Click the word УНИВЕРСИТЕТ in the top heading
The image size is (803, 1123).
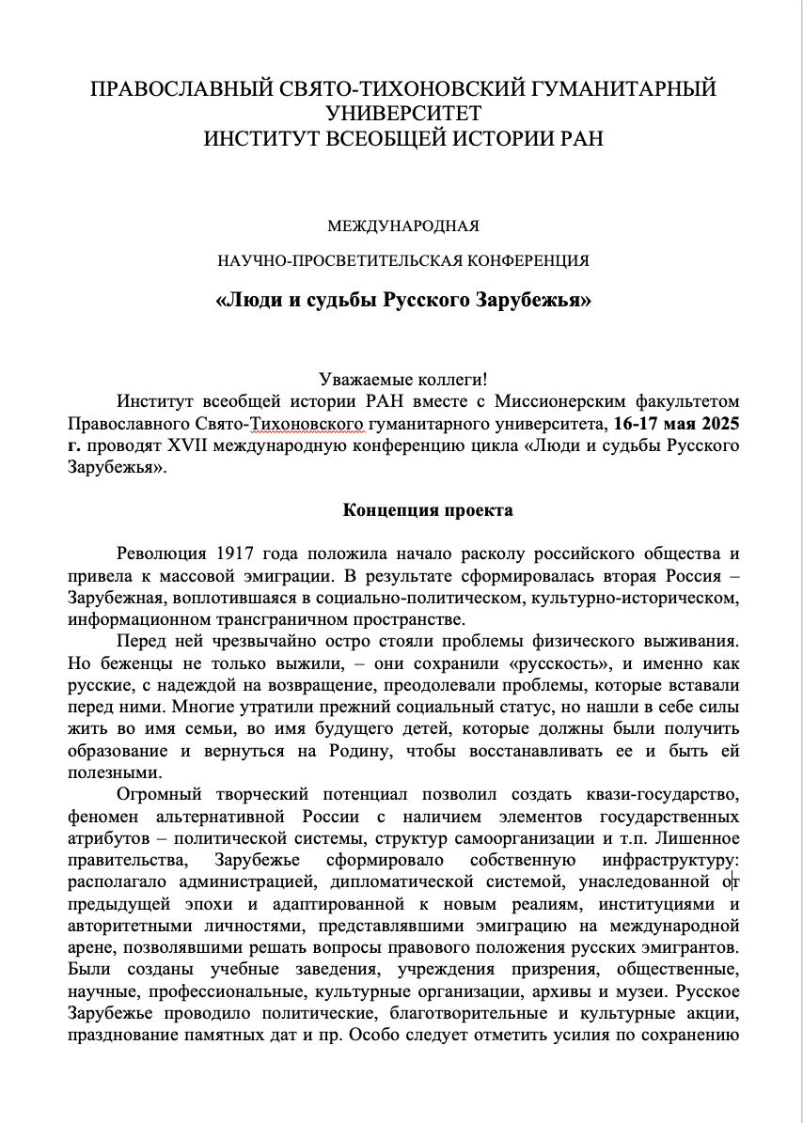(x=402, y=114)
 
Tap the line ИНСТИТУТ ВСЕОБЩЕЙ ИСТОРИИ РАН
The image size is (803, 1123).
(x=402, y=138)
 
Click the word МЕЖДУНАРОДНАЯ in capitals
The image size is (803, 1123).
(x=402, y=226)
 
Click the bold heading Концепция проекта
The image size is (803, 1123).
(x=428, y=510)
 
